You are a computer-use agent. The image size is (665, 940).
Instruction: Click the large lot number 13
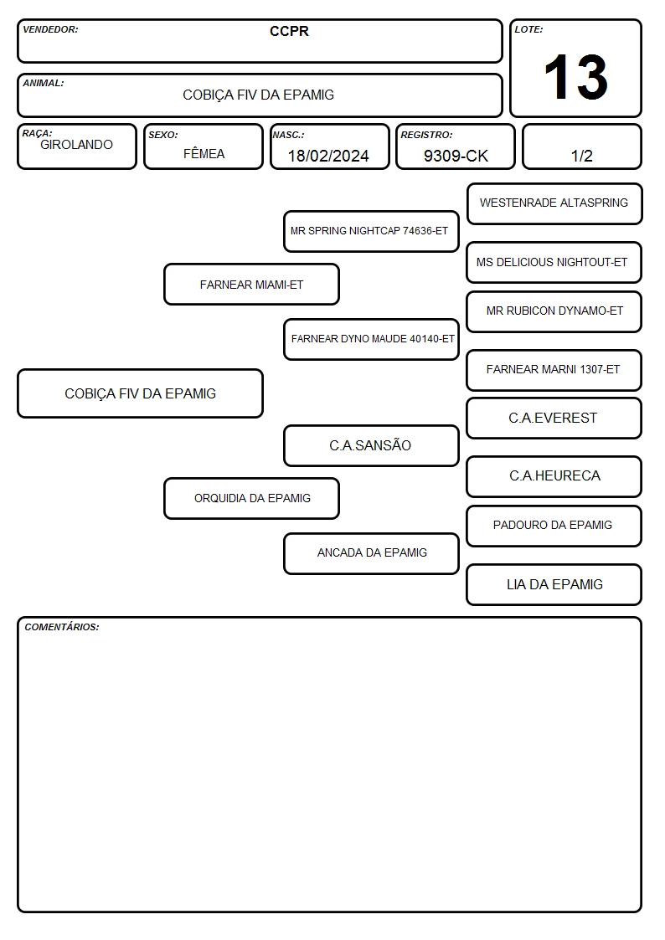tap(575, 77)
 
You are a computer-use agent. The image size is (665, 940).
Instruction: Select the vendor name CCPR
tap(289, 31)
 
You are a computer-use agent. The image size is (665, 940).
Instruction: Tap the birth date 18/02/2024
tap(328, 156)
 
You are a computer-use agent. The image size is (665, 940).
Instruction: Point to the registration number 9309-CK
tap(456, 156)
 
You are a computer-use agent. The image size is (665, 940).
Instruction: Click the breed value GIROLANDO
tap(76, 145)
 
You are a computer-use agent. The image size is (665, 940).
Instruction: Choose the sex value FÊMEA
tap(204, 153)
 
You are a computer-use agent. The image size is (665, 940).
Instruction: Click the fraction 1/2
tap(581, 156)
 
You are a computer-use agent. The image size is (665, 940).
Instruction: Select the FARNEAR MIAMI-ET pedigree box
tap(252, 284)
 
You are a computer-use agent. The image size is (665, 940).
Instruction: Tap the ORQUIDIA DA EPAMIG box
tap(252, 498)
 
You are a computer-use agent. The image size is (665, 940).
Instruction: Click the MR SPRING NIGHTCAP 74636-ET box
tap(371, 231)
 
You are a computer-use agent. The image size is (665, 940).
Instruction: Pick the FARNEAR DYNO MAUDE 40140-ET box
tap(371, 339)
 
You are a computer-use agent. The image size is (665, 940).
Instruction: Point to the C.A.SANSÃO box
tap(371, 445)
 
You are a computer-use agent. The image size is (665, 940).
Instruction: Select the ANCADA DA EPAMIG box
tap(371, 553)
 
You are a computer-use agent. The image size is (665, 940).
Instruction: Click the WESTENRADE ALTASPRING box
tap(554, 204)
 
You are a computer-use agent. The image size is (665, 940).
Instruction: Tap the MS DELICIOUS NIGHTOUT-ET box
tap(554, 262)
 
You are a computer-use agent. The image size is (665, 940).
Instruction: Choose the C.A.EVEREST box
tap(554, 418)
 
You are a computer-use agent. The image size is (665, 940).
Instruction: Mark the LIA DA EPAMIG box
tap(554, 584)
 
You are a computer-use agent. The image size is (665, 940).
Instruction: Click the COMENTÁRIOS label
tap(62, 627)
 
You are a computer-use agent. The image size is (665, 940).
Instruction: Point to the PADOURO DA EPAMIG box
tap(554, 526)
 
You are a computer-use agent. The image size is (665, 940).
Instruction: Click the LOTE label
tap(528, 29)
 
